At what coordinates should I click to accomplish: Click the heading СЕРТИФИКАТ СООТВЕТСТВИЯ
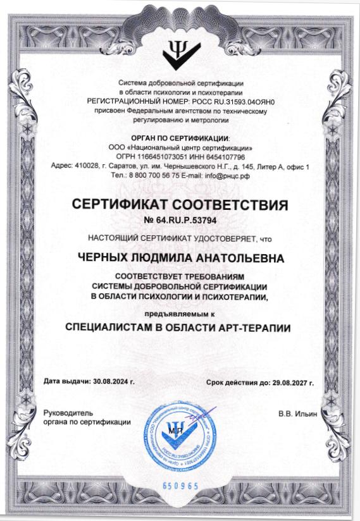click(x=180, y=205)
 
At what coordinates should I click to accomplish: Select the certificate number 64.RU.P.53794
click(x=188, y=221)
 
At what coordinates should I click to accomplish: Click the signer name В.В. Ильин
click(x=298, y=414)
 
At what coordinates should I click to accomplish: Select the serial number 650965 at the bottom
click(x=180, y=486)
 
